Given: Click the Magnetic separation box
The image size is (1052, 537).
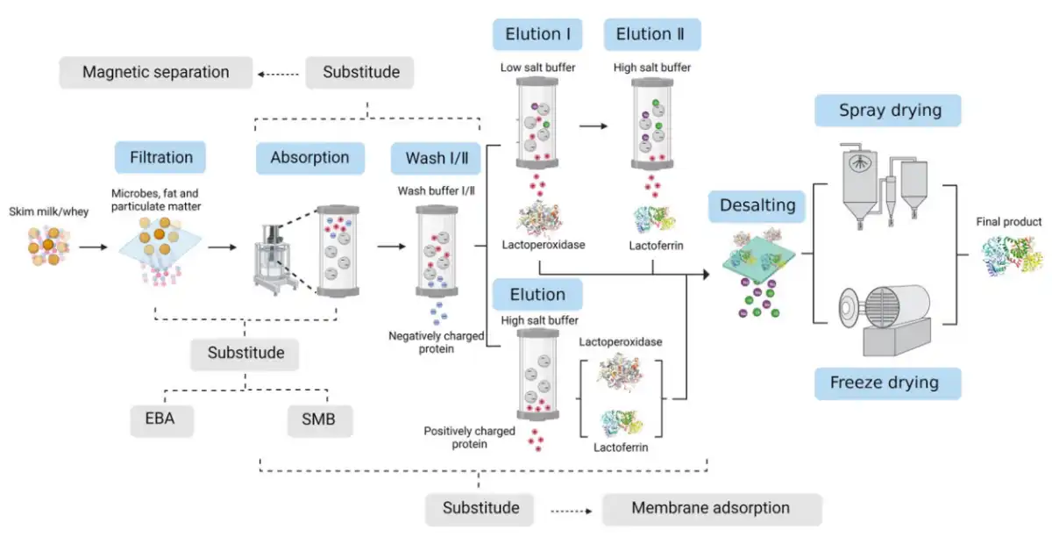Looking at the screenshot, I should point(156,72).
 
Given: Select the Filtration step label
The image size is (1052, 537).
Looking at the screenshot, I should point(160,158).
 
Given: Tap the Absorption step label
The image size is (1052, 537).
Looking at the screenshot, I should point(309,158).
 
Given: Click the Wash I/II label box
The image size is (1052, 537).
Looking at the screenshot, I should point(437,158).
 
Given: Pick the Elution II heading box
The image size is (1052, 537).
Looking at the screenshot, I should point(651,35).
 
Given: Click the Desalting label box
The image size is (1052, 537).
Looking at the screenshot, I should point(757,206).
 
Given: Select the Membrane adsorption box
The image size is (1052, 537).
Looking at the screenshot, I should point(711,508).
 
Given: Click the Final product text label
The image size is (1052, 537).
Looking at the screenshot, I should point(1009,222).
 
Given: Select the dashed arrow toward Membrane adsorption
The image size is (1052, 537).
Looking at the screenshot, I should point(573,508).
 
